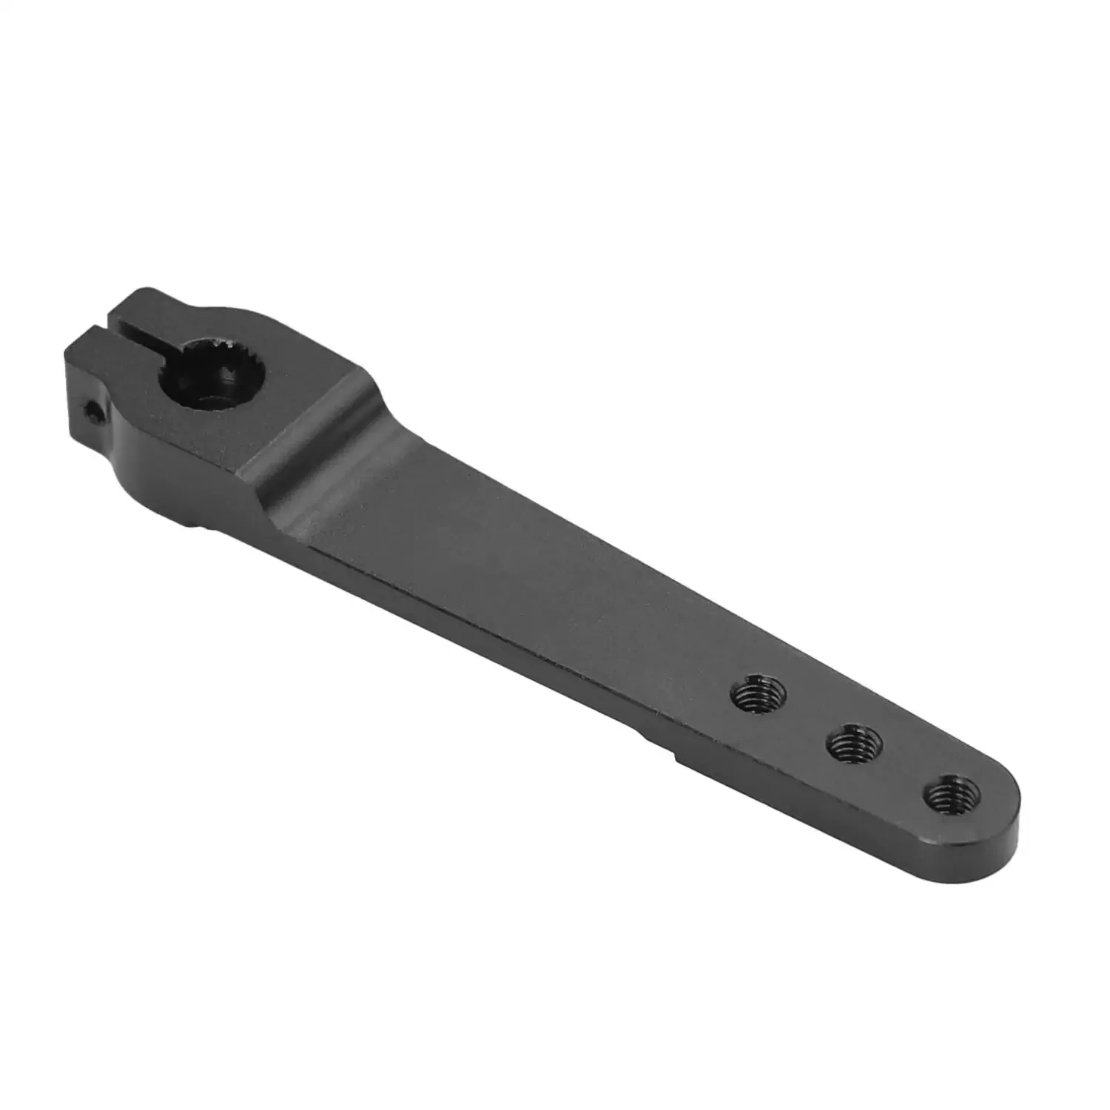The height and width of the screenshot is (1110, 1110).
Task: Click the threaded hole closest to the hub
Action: (x=758, y=695)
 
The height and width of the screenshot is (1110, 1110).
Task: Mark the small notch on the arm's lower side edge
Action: (x=675, y=756)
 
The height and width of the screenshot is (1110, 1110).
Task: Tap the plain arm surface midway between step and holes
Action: (x=518, y=570)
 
